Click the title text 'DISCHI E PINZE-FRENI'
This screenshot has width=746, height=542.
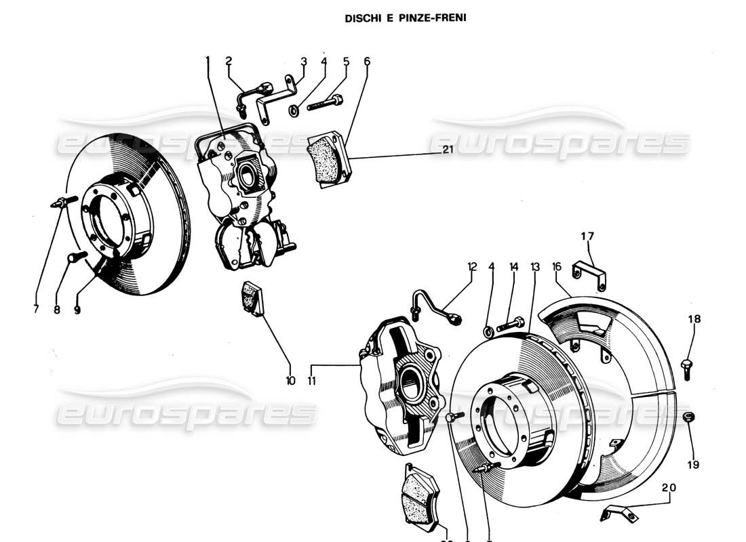click(406, 18)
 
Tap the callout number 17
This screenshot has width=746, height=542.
click(587, 236)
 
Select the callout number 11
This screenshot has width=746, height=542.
click(312, 381)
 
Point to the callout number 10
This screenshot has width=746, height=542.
click(290, 381)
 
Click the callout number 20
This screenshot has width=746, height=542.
click(669, 486)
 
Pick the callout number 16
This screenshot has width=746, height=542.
click(556, 267)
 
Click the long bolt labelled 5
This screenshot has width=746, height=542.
click(325, 104)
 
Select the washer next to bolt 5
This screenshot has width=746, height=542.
click(293, 110)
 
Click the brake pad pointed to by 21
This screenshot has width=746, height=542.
click(328, 159)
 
